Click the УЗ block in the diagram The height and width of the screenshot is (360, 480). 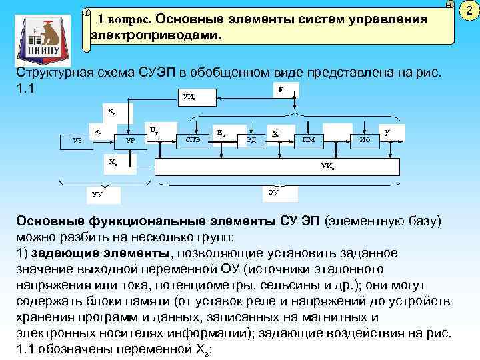coord(77,140)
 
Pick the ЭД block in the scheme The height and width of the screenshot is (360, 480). coord(251,140)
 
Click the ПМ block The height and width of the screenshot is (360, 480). coord(309,140)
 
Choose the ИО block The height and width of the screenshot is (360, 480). coord(364,140)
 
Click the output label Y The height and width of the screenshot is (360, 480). coord(387,132)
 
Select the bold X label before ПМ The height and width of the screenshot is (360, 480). coord(275,133)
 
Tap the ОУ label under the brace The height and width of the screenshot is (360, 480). coord(273,193)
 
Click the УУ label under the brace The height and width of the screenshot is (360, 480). coord(97,195)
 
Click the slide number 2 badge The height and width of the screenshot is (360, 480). coord(469,11)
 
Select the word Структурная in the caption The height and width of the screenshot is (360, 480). coord(57,71)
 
